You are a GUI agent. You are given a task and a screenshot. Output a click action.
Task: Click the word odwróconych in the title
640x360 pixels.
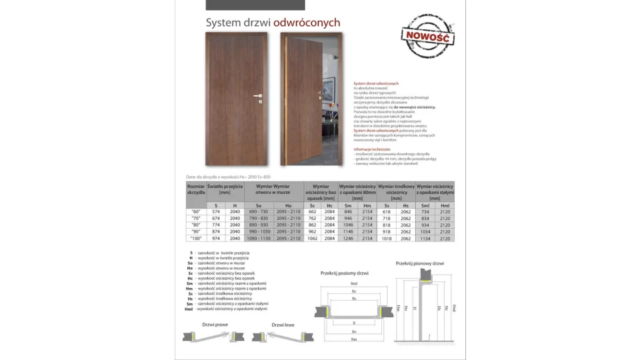click(307, 23)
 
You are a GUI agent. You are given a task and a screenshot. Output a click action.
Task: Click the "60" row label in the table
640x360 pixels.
click(196, 211)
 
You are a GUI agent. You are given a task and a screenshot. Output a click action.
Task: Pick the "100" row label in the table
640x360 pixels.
click(196, 238)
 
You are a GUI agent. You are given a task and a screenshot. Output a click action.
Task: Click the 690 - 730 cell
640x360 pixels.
click(259, 211)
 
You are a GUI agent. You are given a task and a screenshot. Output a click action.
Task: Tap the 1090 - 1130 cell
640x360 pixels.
click(259, 238)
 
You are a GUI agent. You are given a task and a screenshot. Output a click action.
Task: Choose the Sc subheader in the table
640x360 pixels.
click(312, 205)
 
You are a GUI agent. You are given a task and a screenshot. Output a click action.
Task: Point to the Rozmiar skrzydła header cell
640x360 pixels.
click(196, 189)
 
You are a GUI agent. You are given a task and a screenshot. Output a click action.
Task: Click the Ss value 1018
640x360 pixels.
click(387, 238)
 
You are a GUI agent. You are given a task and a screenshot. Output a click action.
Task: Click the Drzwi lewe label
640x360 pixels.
click(283, 325)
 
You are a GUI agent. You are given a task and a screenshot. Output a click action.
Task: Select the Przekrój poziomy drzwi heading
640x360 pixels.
click(344, 273)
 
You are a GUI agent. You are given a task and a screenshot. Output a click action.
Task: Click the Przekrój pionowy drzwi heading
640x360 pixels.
click(420, 264)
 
